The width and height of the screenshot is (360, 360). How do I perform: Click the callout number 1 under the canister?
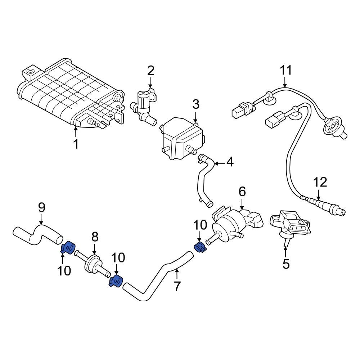76,144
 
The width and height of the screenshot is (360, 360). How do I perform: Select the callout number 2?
150,70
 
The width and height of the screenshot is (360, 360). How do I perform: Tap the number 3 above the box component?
195,105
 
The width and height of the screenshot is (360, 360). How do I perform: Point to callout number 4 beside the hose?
229,163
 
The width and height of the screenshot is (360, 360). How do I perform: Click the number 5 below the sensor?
286,264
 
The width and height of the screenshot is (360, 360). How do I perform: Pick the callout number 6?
242,192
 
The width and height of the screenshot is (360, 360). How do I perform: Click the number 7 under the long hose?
176,287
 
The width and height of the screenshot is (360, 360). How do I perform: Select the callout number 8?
95,237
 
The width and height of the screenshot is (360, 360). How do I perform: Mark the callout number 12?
320,182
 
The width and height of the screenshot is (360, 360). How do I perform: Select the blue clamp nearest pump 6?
199,247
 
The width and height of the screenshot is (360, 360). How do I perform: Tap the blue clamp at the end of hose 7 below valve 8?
116,280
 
